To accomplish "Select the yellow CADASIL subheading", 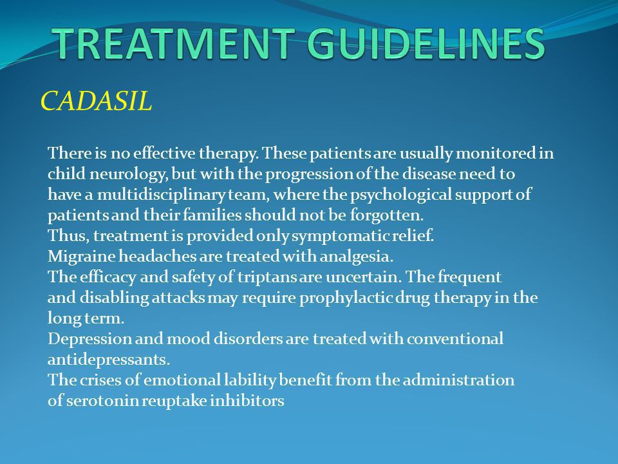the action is [96, 101].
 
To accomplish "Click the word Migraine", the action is [81, 256].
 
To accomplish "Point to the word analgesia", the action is [356, 256].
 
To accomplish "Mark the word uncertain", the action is [363, 277].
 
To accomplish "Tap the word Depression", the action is [89, 338].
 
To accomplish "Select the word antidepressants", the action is [109, 360].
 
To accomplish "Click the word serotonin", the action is [102, 400].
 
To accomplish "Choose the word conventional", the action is [455, 338].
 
